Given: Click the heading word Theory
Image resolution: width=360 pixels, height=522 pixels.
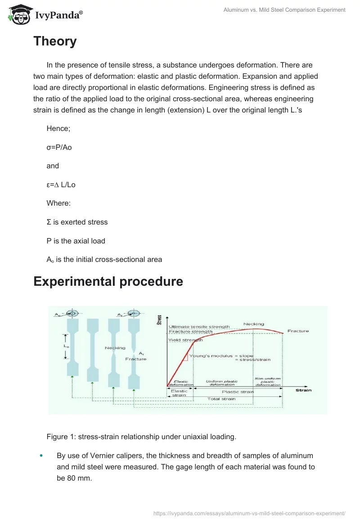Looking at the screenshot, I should [55, 41].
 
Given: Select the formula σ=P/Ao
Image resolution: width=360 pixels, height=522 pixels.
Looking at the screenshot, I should [59, 147].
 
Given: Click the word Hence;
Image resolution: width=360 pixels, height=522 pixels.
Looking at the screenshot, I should [58, 129].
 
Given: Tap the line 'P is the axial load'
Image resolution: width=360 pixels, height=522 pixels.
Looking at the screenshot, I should [76, 241].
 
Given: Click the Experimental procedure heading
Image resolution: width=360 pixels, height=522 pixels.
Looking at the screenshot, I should [108, 282].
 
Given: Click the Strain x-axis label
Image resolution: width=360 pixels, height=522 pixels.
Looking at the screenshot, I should [303, 390].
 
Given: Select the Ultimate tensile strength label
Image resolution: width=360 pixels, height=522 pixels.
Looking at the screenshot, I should [199, 327].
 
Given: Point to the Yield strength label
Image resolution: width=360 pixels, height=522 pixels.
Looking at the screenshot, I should [185, 340].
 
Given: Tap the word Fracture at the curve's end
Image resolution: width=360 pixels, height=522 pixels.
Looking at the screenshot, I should [298, 331].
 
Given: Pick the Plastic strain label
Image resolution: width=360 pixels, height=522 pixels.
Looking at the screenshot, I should [238, 391].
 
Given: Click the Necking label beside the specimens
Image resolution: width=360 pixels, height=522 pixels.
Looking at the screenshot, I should [115, 348].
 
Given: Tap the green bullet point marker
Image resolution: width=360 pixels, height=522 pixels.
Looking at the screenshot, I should [41, 456].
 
